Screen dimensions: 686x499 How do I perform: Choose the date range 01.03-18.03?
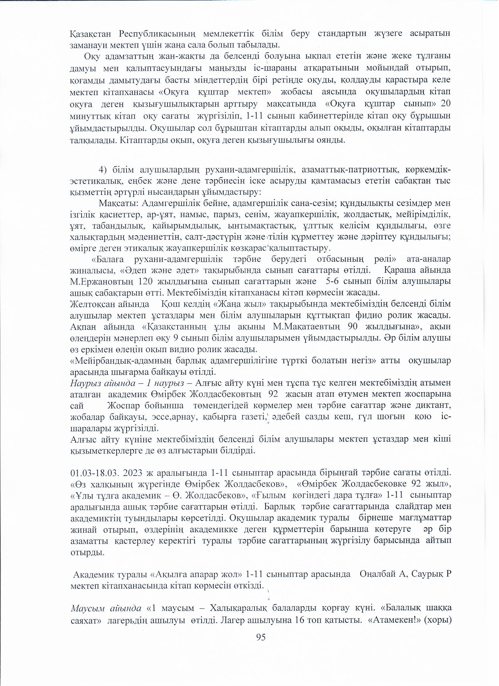(95, 472)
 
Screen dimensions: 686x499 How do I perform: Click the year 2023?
(134, 472)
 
